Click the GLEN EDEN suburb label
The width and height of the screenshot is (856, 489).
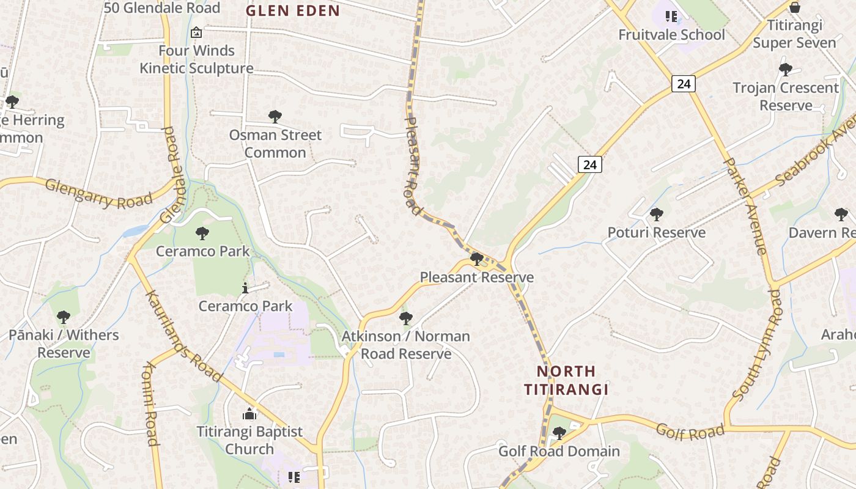pyautogui.click(x=292, y=10)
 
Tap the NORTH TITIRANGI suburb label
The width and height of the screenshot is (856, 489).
pyautogui.click(x=566, y=380)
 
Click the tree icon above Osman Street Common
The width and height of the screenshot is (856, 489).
pyautogui.click(x=275, y=116)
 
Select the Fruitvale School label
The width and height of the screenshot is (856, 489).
pyautogui.click(x=671, y=35)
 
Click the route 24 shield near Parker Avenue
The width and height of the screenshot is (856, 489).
pyautogui.click(x=683, y=83)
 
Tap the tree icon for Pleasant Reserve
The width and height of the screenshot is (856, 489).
pyautogui.click(x=477, y=259)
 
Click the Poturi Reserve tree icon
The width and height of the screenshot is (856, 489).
pyautogui.click(x=656, y=215)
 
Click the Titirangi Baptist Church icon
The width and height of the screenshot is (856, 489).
pyautogui.click(x=249, y=414)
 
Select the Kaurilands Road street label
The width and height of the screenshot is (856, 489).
pyautogui.click(x=183, y=336)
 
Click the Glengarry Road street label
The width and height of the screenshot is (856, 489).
pyautogui.click(x=98, y=193)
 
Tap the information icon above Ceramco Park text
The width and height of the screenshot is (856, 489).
pyautogui.click(x=245, y=288)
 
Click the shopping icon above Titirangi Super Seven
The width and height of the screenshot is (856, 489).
pyautogui.click(x=794, y=7)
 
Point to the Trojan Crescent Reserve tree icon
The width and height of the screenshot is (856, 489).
pyautogui.click(x=785, y=70)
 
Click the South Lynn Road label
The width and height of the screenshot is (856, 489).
pyautogui.click(x=758, y=346)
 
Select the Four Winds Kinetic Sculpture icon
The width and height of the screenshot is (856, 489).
pyautogui.click(x=196, y=32)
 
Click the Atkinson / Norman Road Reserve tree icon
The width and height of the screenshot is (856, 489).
pyautogui.click(x=405, y=318)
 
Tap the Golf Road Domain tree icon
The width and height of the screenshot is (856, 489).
pyautogui.click(x=558, y=433)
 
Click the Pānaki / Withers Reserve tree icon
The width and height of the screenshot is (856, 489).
pyautogui.click(x=63, y=317)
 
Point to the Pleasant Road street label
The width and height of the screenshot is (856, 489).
pyautogui.click(x=414, y=165)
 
